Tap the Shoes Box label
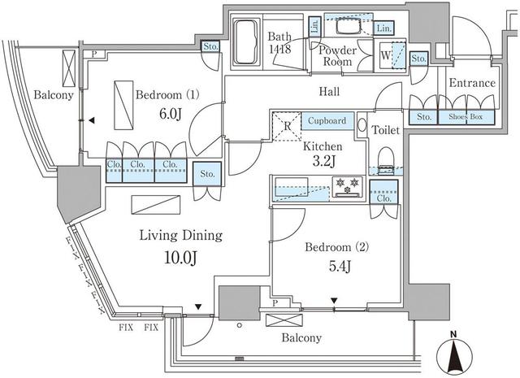(466, 116)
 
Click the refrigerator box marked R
(287, 126)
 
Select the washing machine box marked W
(386, 57)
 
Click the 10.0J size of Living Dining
(180, 260)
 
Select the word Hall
(328, 92)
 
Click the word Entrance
(471, 83)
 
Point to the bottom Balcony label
(301, 338)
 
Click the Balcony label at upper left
(54, 95)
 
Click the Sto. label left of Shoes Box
(424, 116)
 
